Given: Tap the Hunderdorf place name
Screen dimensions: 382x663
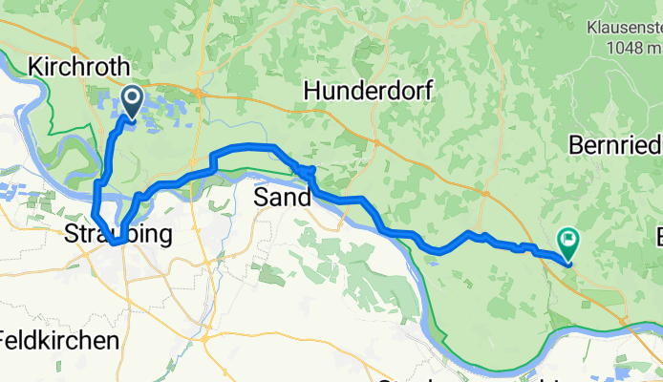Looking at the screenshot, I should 369,92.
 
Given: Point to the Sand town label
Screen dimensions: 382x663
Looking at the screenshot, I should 283,198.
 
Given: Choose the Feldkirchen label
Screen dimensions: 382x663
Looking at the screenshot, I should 59,340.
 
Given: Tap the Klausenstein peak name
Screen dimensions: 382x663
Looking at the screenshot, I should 626,29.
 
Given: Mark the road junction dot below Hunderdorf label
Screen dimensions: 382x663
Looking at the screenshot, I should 375,145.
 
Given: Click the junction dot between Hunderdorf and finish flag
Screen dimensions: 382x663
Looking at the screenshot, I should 489,195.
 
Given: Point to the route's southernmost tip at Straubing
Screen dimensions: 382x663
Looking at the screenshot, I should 115,244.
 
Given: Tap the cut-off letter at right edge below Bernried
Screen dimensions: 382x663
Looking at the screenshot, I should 657,235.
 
